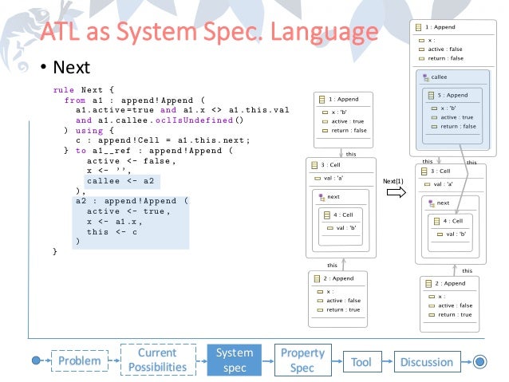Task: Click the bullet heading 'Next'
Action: coord(71,67)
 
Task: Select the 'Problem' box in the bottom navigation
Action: coord(79,361)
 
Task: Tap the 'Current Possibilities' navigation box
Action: coord(156,360)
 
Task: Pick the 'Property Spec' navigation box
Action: coord(302,360)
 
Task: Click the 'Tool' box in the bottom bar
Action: coord(361,361)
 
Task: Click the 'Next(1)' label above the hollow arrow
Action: coord(394,181)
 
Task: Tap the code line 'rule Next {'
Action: coord(83,90)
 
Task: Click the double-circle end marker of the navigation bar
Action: coord(479,361)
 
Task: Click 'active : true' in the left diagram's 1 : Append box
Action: coord(344,121)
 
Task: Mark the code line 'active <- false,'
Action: coord(120,160)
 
